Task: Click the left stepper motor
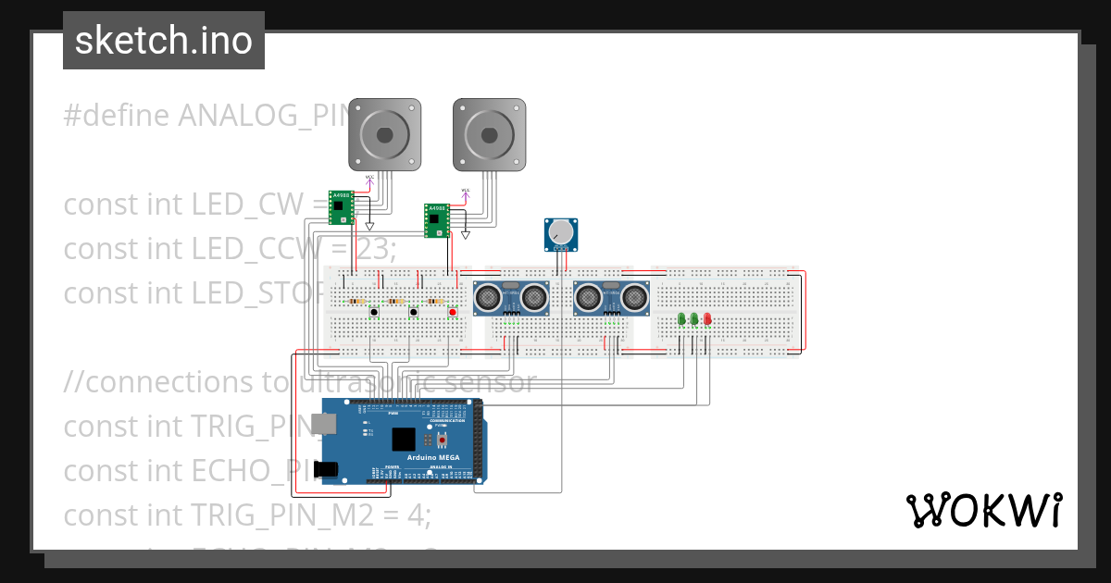click(384, 135)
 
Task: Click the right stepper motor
click(490, 135)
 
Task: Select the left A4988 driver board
click(342, 207)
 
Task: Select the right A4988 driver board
click(436, 220)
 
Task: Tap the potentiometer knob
click(560, 233)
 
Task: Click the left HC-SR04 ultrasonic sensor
click(509, 297)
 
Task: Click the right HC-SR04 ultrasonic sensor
click(610, 297)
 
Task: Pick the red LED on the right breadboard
click(707, 319)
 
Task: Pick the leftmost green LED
click(682, 319)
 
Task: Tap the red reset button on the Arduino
click(442, 438)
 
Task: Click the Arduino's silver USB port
click(324, 424)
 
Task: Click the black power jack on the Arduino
click(326, 469)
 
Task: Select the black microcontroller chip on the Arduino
click(403, 439)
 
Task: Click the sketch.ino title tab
click(164, 41)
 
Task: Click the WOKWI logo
click(983, 510)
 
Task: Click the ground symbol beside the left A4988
click(369, 226)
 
